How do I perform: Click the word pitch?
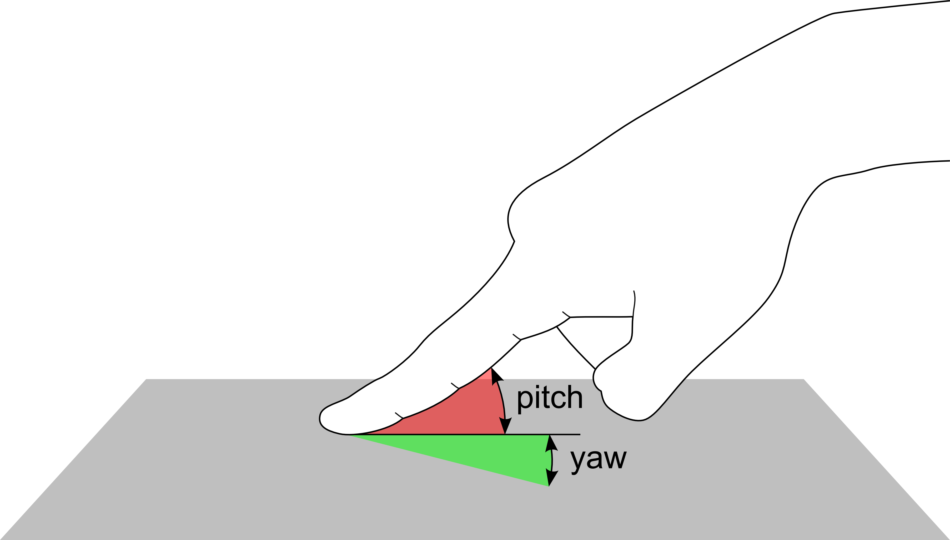tap(550, 399)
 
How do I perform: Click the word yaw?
tap(598, 461)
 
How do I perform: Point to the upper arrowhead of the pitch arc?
tap(496, 375)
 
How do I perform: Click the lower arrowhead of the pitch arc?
tap(505, 426)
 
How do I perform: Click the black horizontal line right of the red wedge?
tap(543, 434)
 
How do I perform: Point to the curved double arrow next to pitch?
tap(501, 400)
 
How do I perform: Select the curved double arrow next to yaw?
tap(552, 461)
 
